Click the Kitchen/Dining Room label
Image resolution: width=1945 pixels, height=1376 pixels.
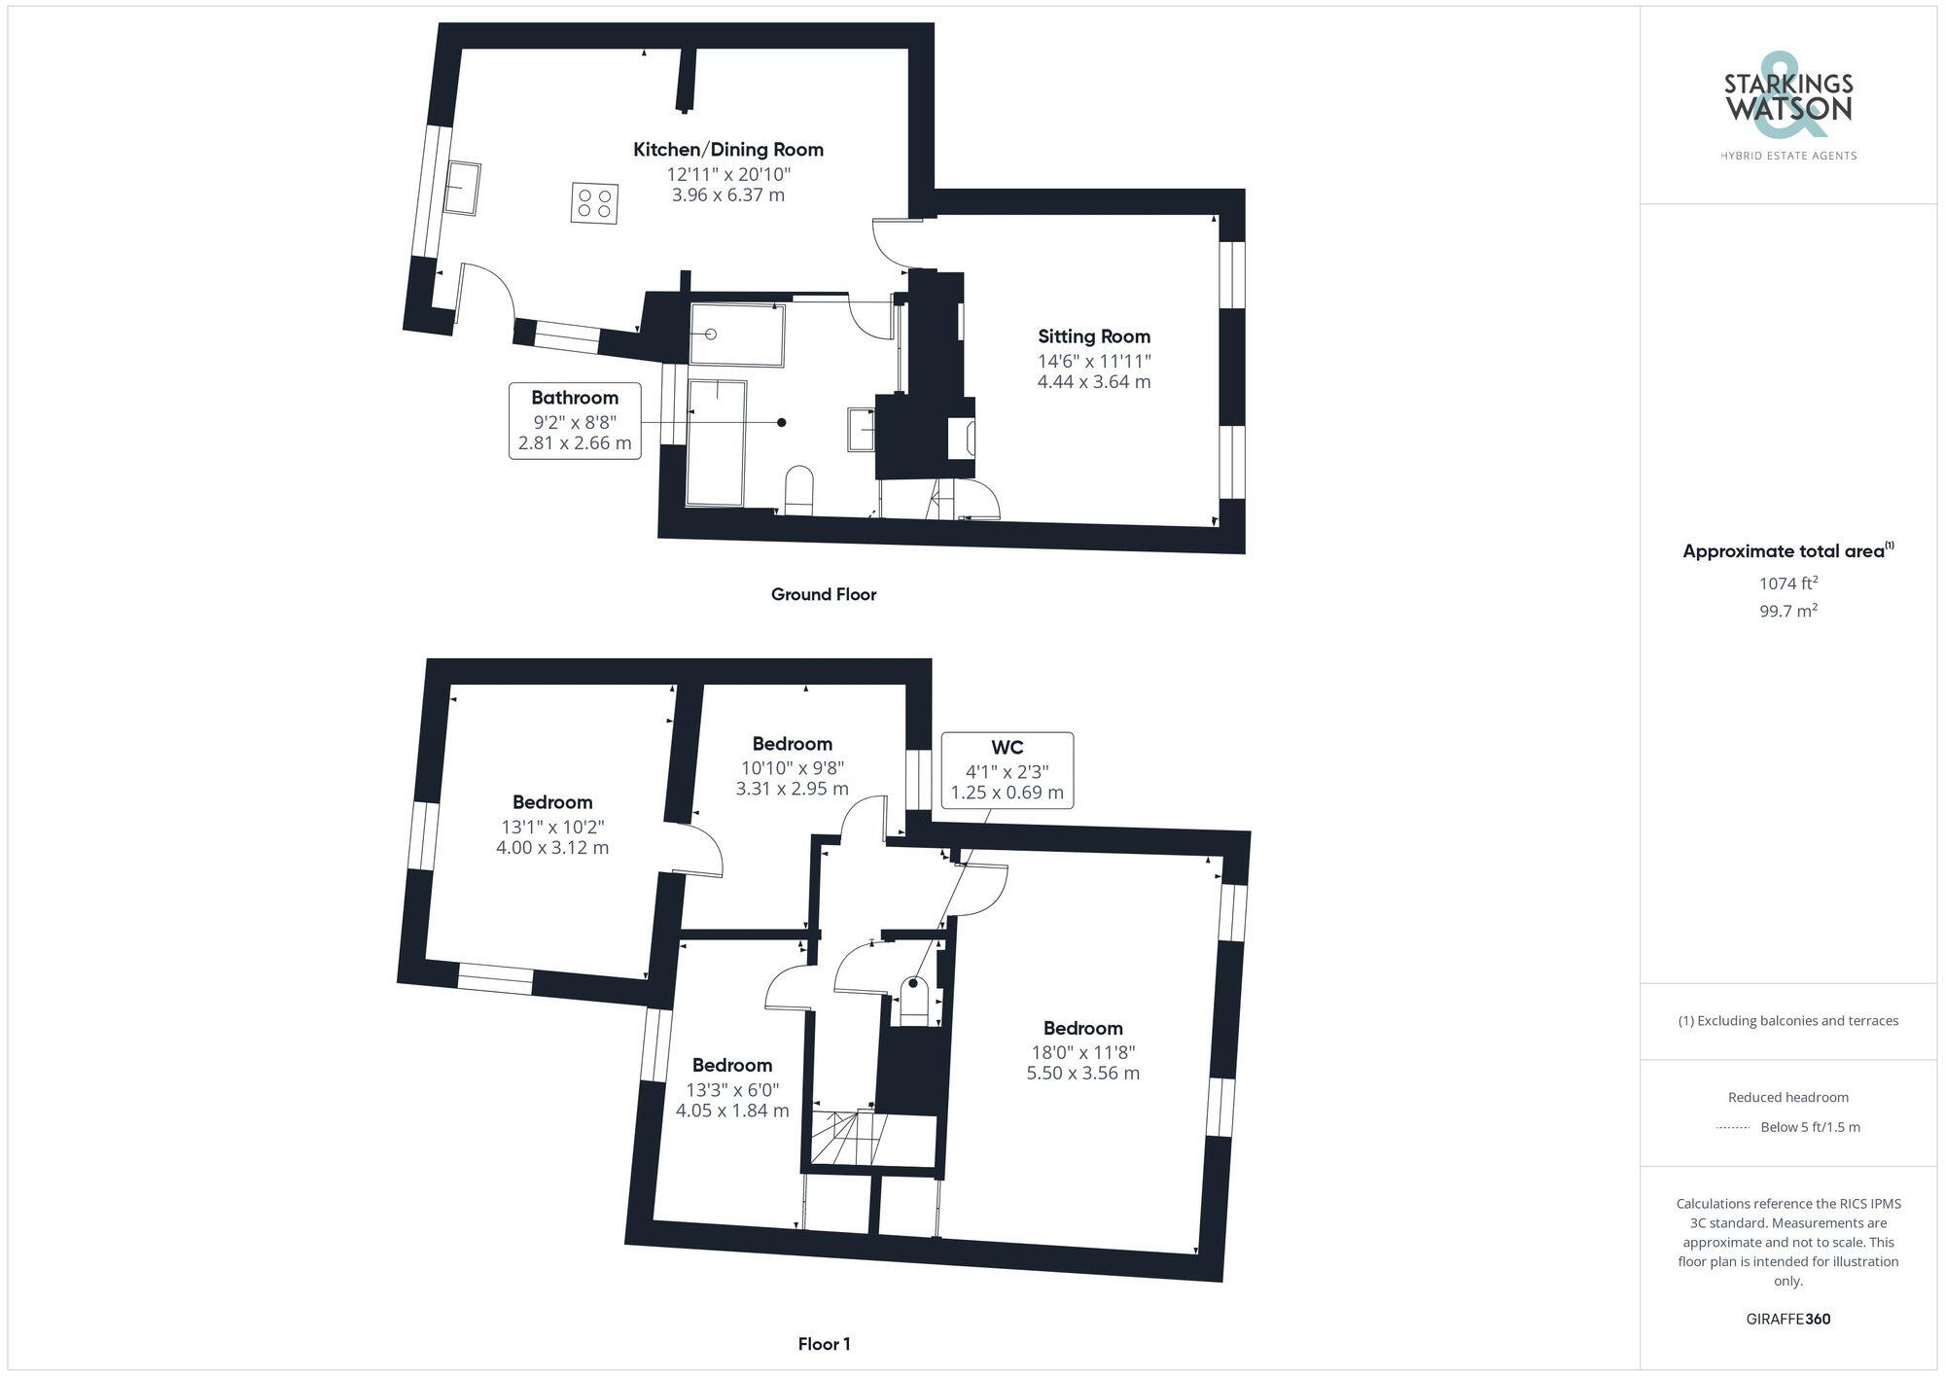(x=728, y=150)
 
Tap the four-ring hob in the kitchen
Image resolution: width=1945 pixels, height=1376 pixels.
(x=594, y=203)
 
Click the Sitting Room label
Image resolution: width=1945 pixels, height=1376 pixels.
(x=1094, y=337)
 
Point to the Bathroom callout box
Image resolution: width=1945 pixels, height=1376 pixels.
(x=575, y=421)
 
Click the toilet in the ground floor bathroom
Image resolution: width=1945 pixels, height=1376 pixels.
(x=798, y=490)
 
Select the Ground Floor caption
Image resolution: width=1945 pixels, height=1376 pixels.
(x=824, y=594)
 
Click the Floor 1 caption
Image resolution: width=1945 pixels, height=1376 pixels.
(x=824, y=1344)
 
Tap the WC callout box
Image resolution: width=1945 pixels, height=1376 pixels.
(x=1007, y=770)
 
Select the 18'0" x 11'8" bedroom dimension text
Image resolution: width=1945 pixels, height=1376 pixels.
(x=1083, y=1052)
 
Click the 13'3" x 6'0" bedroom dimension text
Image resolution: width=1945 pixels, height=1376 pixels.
(x=732, y=1090)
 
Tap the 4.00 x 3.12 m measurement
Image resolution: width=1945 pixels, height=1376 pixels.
(x=552, y=848)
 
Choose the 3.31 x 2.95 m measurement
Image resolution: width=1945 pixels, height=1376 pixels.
(x=792, y=789)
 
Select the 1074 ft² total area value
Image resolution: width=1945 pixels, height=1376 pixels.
(x=1788, y=583)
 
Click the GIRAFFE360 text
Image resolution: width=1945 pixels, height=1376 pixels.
(x=1788, y=1320)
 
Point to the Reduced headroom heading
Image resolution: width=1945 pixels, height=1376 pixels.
(x=1788, y=1097)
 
